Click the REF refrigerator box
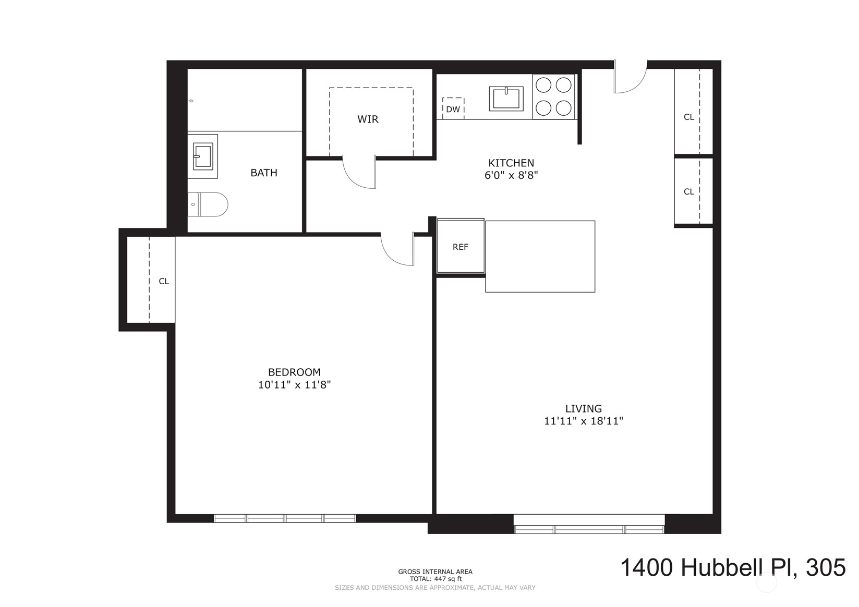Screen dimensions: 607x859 (x=461, y=246)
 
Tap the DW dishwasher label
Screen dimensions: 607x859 (x=453, y=109)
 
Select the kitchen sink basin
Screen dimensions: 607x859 (x=506, y=99)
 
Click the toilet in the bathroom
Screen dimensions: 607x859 (x=208, y=204)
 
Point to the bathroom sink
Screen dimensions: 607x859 (x=202, y=156)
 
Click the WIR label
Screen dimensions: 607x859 (x=368, y=119)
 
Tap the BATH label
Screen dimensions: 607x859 (x=264, y=173)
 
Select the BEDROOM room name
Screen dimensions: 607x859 (x=294, y=372)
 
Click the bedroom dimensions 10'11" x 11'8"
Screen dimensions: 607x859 (x=294, y=385)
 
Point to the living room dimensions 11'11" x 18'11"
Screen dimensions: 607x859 (x=584, y=421)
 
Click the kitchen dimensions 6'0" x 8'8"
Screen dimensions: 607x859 (x=511, y=175)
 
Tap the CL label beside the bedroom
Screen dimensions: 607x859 (x=164, y=281)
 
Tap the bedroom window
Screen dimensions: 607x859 (x=285, y=518)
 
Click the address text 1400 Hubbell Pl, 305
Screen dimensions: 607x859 (x=732, y=567)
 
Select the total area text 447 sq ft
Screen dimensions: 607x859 (x=435, y=579)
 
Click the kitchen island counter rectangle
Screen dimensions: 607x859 (x=540, y=256)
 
